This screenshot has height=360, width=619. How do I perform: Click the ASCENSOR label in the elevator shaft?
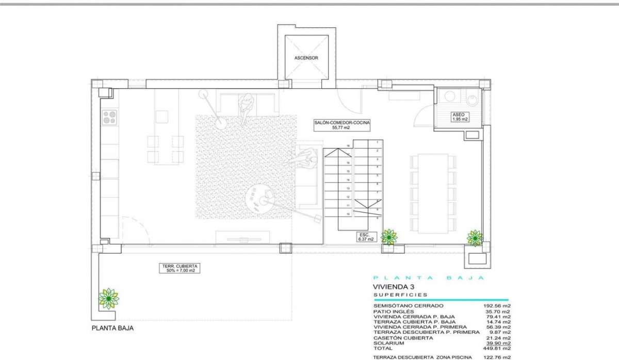pyautogui.click(x=306, y=58)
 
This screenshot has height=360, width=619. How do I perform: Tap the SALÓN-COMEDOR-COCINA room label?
pyautogui.click(x=342, y=125)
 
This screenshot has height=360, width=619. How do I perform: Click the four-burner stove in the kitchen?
pyautogui.click(x=109, y=118)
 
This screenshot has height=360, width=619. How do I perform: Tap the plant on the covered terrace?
pyautogui.click(x=109, y=298)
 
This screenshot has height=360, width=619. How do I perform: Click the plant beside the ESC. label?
pyautogui.click(x=388, y=237)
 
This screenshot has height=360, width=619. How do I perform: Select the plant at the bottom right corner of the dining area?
pyautogui.click(x=475, y=237)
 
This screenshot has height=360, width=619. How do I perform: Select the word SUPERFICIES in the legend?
pyautogui.click(x=400, y=295)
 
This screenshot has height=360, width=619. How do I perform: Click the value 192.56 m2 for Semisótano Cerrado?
pyautogui.click(x=495, y=306)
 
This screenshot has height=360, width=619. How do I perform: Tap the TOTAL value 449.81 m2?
pyautogui.click(x=495, y=348)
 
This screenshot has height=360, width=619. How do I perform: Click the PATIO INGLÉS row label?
pyautogui.click(x=394, y=312)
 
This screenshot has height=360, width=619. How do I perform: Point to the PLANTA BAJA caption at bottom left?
pyautogui.click(x=112, y=328)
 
